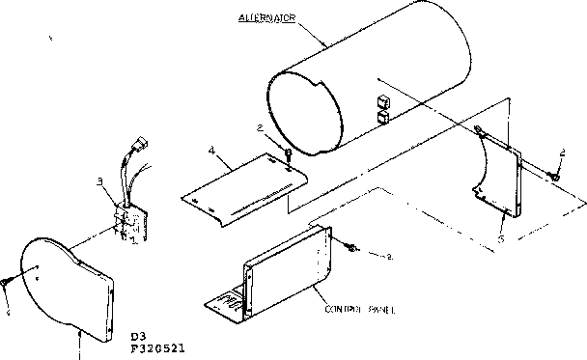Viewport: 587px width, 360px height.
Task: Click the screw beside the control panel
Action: click(x=353, y=249)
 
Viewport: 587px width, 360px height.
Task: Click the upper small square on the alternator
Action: click(x=382, y=101)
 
